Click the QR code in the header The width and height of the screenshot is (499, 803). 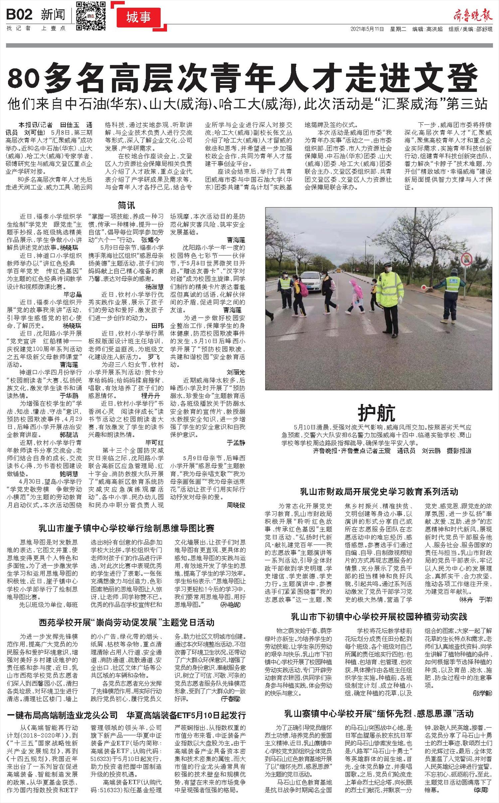tap(91, 16)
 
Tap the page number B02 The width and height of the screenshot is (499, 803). tap(20, 15)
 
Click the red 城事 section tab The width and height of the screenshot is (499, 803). tap(138, 18)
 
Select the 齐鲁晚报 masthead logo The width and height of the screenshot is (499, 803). tap(472, 15)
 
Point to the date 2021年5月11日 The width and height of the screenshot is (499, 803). tap(367, 29)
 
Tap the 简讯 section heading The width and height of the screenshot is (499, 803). tap(126, 205)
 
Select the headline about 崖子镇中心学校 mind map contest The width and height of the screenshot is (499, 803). tap(127, 528)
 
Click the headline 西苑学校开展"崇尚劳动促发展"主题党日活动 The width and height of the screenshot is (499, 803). tap(126, 622)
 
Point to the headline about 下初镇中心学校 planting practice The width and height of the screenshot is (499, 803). tap(379, 617)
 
